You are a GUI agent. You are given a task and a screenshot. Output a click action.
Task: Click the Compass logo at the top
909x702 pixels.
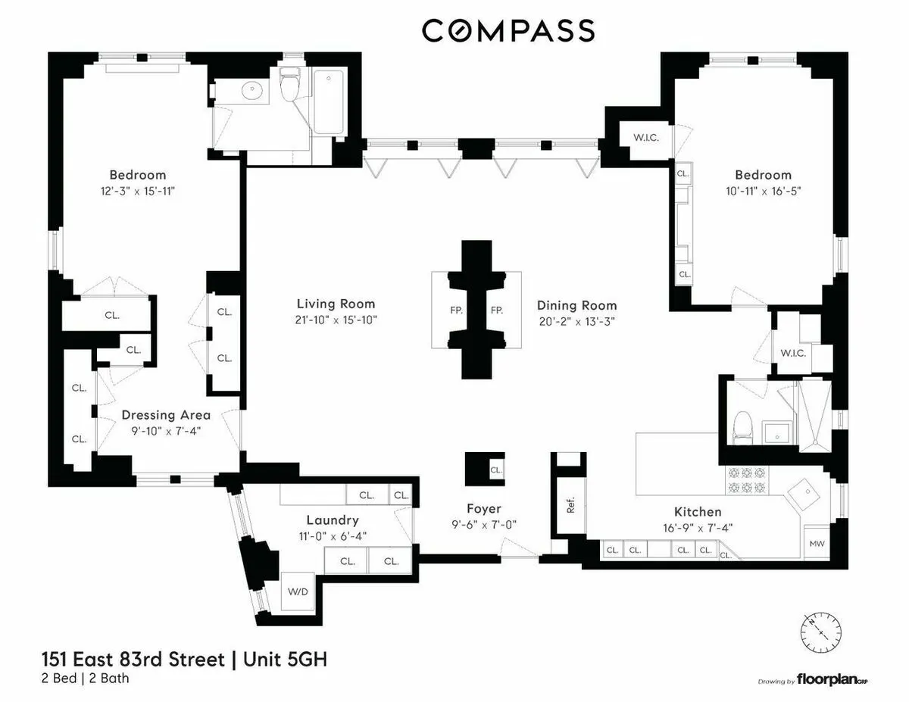click(x=508, y=30)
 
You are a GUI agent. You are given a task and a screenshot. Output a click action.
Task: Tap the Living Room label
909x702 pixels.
click(x=336, y=304)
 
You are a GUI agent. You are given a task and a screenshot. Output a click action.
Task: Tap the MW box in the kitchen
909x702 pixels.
click(x=817, y=543)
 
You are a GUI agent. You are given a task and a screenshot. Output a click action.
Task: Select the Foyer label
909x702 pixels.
click(x=483, y=509)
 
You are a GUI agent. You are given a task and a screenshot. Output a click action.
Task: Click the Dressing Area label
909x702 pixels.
click(x=166, y=415)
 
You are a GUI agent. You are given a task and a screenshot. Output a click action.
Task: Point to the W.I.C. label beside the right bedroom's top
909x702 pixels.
click(x=634, y=138)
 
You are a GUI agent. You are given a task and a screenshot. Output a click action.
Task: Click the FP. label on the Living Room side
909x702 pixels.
click(x=456, y=310)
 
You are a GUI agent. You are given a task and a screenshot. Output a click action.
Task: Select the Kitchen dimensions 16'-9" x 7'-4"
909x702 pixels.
click(x=698, y=528)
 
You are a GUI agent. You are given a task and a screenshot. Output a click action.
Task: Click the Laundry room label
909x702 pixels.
click(x=332, y=520)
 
